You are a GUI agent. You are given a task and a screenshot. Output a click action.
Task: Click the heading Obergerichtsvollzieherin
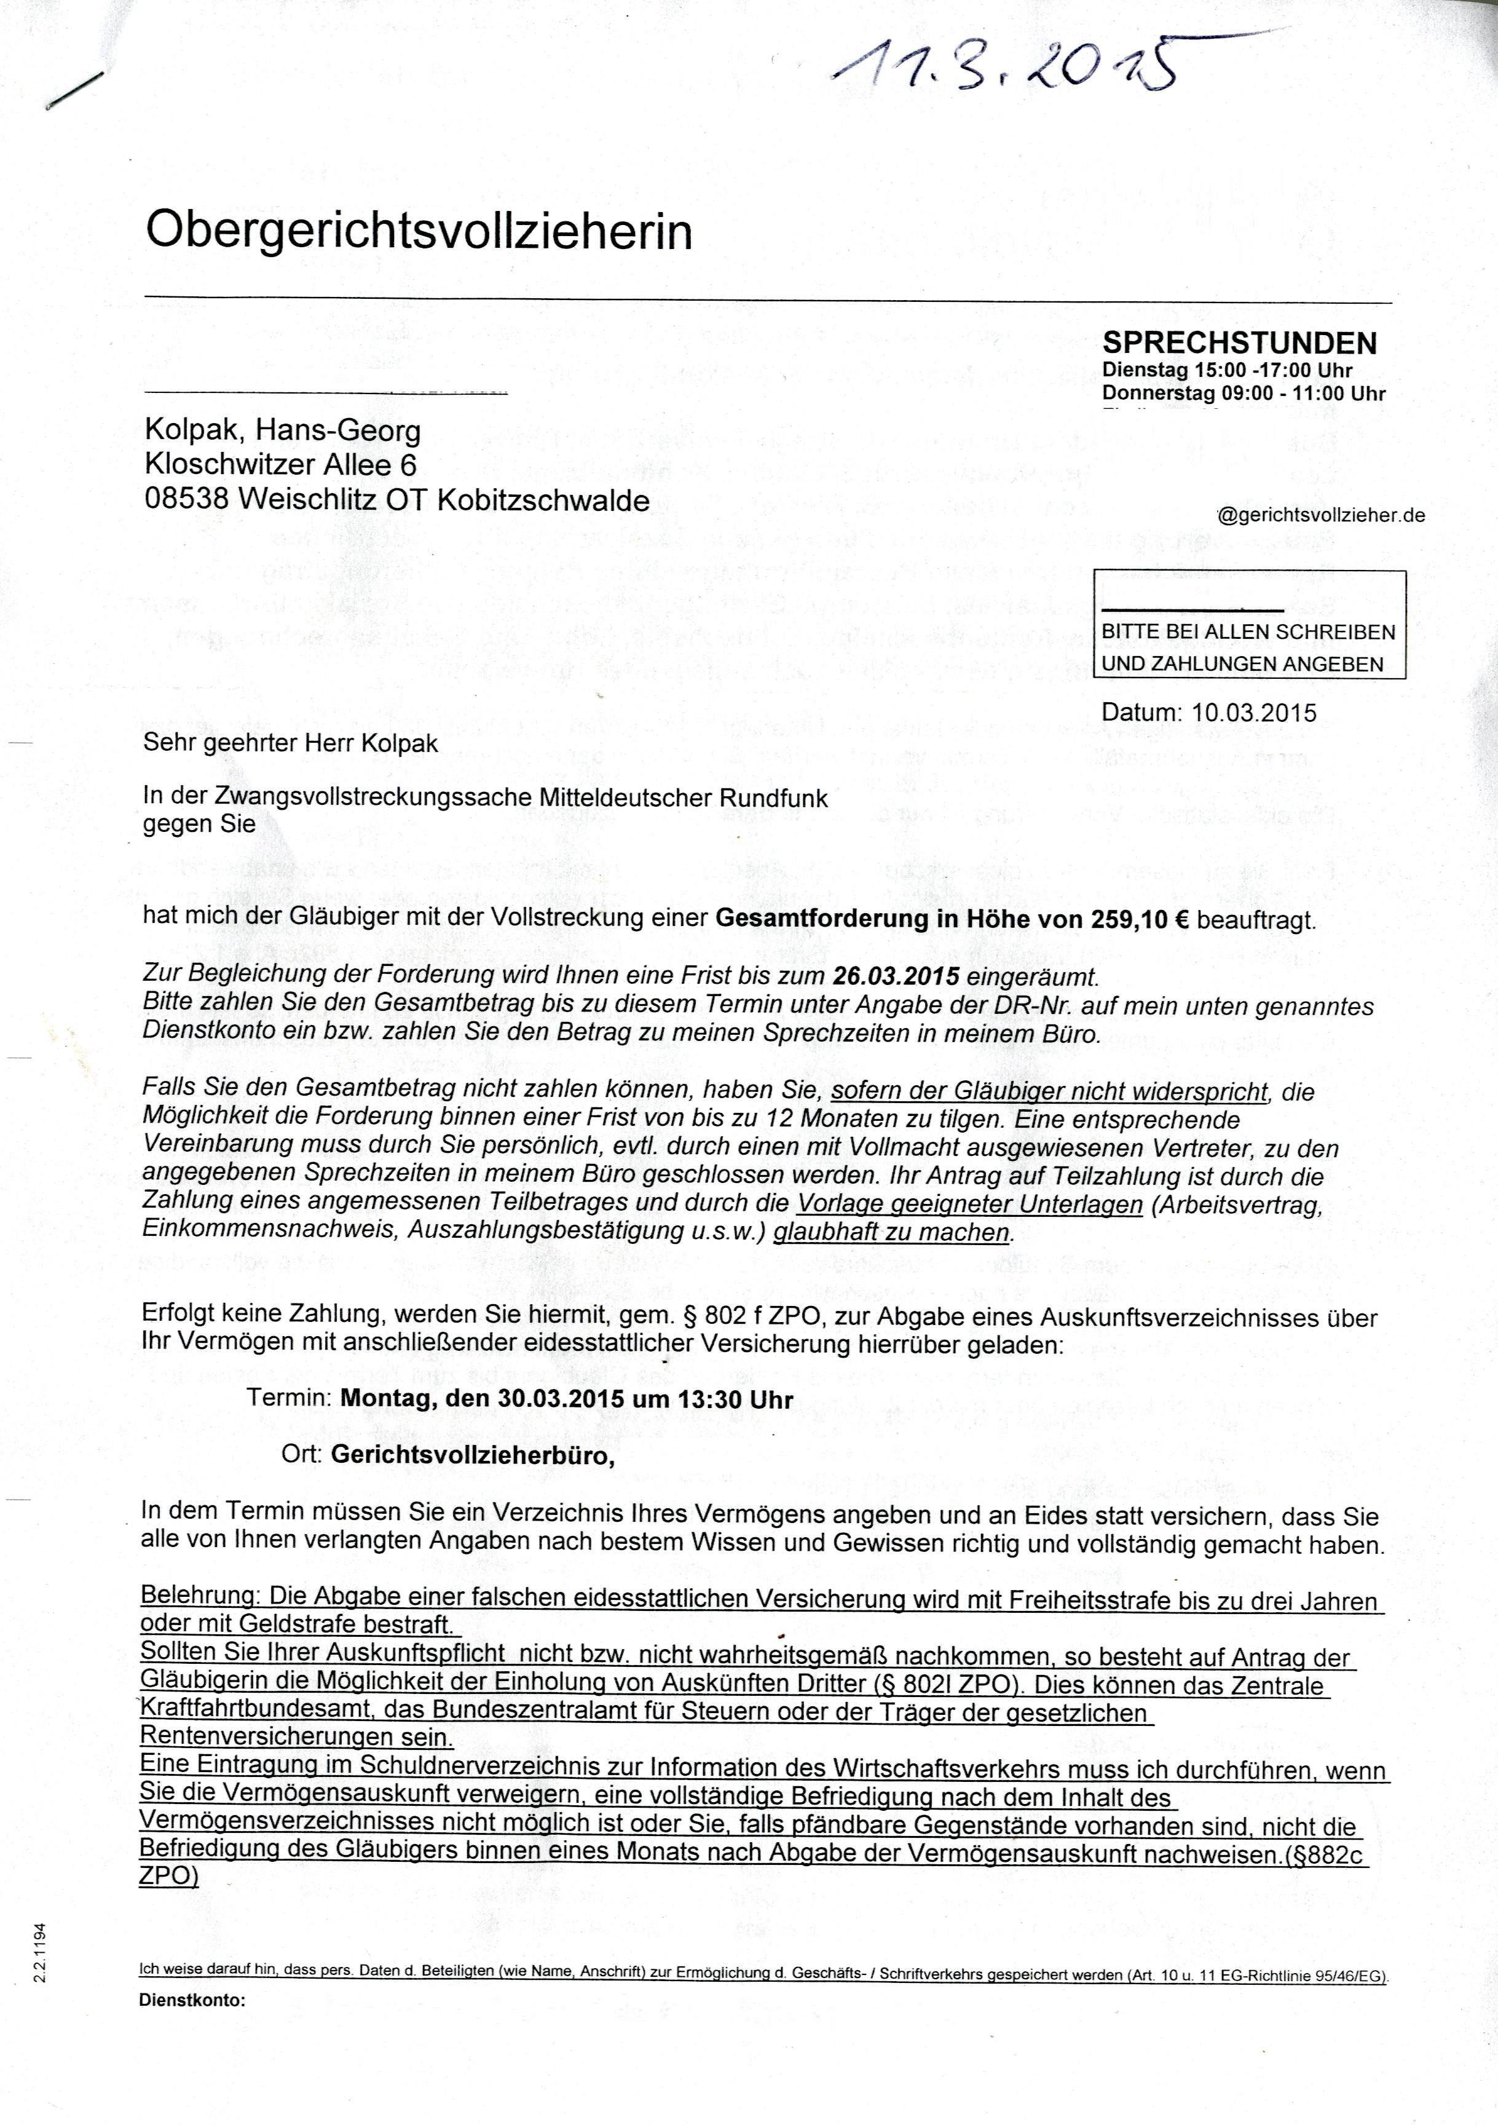point(419,231)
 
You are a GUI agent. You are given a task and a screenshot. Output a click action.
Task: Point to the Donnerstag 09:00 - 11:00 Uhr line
point(1244,394)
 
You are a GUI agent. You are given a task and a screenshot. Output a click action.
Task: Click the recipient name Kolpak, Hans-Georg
point(282,430)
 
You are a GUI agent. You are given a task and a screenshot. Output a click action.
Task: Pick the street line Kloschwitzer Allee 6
point(280,465)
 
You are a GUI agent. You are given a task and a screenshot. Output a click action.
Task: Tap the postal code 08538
point(186,500)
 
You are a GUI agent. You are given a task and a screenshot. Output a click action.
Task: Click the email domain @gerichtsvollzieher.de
point(1321,515)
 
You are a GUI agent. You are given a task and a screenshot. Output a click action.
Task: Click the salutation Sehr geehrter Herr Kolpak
point(291,743)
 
